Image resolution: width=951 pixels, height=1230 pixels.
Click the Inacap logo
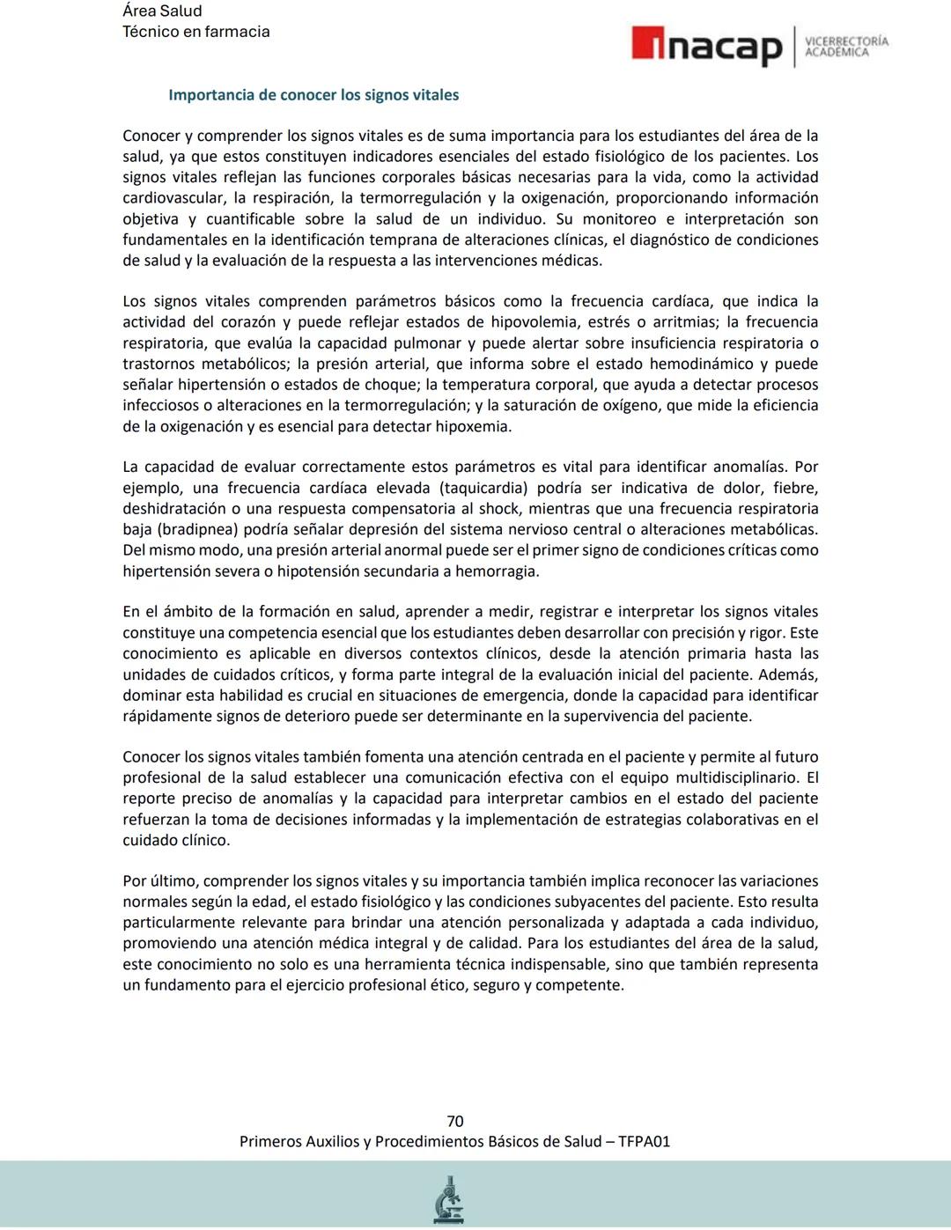pos(706,46)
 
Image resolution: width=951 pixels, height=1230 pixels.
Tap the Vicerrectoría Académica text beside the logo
pos(846,47)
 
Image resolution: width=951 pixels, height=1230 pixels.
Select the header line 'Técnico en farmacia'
pos(195,32)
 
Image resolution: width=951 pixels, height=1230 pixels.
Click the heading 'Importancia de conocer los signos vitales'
pos(313,95)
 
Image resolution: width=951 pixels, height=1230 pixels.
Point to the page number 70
pos(455,1121)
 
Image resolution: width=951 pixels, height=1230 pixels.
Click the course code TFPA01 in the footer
pos(644,1141)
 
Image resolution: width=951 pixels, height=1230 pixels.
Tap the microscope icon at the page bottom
pos(449,1199)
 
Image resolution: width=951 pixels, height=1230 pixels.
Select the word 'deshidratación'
pos(173,509)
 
